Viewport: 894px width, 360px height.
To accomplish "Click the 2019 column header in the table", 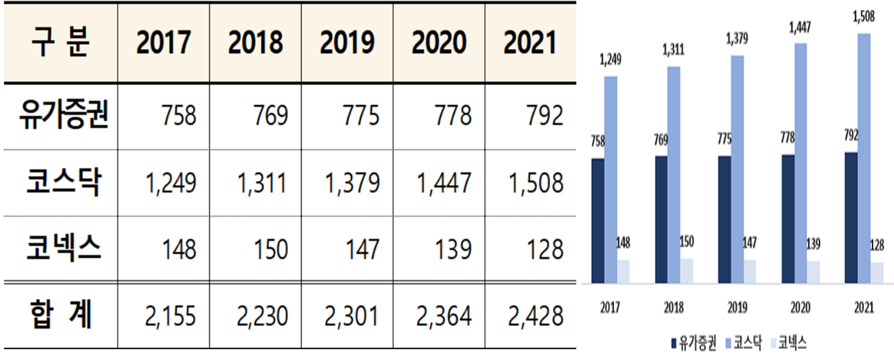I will pyautogui.click(x=347, y=42).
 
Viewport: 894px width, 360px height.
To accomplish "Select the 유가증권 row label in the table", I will pyautogui.click(x=63, y=115).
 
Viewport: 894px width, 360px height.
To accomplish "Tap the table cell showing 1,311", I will pyautogui.click(x=262, y=183).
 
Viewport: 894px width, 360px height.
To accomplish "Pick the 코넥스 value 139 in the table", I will pyautogui.click(x=453, y=250).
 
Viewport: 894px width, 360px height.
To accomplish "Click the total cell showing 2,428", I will pyautogui.click(x=535, y=316).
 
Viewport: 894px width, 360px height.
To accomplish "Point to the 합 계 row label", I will pyautogui.click(x=61, y=315).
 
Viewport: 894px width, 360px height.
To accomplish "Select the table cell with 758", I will pyautogui.click(x=179, y=115).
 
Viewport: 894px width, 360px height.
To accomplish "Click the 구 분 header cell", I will pyautogui.click(x=61, y=42).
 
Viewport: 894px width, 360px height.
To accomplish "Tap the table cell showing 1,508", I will pyautogui.click(x=535, y=183).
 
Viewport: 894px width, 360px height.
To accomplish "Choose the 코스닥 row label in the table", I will pyautogui.click(x=63, y=182).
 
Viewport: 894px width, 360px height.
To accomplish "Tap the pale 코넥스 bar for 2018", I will pyautogui.click(x=686, y=271).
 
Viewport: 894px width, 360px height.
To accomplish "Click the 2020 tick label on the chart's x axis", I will pyautogui.click(x=800, y=307).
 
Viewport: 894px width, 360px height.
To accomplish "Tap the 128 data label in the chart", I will pyautogui.click(x=877, y=245).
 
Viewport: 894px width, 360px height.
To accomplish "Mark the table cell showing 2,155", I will pyautogui.click(x=170, y=316).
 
